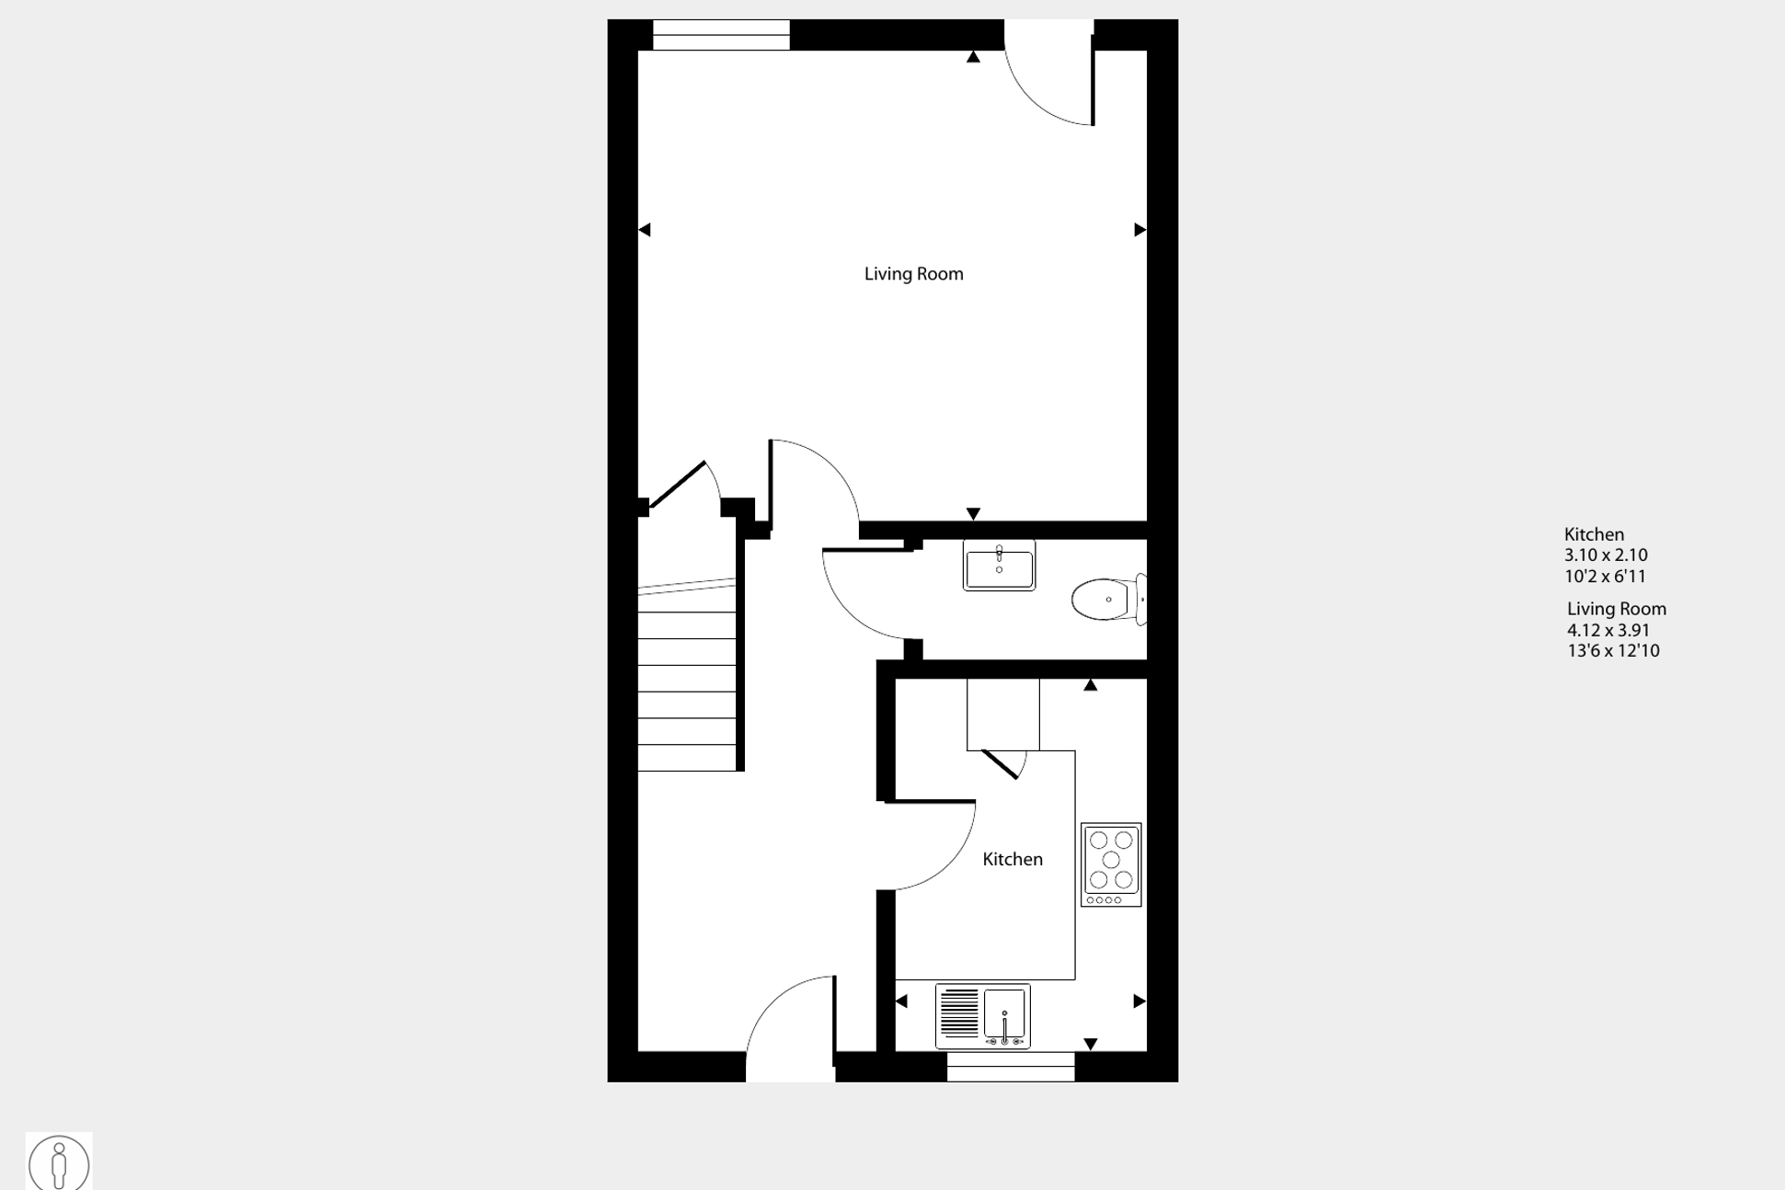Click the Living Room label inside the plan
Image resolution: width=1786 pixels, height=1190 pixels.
click(913, 274)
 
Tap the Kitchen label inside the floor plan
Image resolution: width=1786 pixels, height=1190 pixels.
click(1013, 859)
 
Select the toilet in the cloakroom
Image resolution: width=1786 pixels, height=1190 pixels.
click(1109, 600)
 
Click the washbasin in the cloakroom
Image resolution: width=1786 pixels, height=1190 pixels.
click(999, 565)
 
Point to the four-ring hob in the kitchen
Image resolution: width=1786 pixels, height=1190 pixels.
click(1111, 864)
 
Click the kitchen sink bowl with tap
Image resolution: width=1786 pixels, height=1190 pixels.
click(1004, 1016)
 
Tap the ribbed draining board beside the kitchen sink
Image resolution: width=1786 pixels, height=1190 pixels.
click(958, 1013)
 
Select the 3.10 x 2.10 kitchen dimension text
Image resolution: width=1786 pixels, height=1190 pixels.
click(1606, 555)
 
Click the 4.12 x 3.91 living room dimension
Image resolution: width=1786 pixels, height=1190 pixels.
click(1609, 631)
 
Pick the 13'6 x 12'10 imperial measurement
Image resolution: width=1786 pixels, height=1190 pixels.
click(1613, 651)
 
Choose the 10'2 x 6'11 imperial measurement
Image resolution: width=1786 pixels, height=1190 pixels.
click(1605, 577)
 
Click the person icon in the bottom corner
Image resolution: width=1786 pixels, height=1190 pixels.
click(59, 1163)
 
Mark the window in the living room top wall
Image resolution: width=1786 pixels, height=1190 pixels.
click(721, 35)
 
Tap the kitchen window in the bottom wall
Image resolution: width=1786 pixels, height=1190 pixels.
click(1011, 1067)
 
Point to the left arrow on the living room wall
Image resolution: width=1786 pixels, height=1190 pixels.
click(645, 229)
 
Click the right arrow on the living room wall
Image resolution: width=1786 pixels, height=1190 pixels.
click(1140, 229)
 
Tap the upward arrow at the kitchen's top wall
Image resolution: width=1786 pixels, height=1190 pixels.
click(1090, 685)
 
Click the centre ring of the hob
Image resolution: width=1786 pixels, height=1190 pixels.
click(1111, 860)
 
